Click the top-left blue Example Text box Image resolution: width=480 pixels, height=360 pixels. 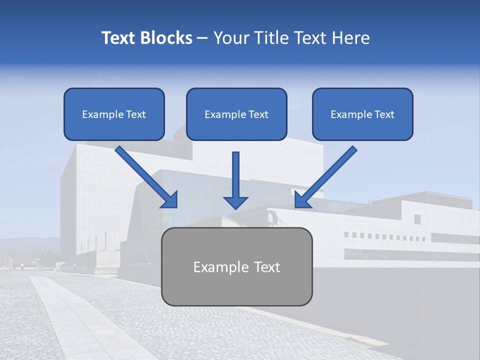pyautogui.click(x=114, y=114)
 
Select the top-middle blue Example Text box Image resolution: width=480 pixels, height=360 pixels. pyautogui.click(x=236, y=114)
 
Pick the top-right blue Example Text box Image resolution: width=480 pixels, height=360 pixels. pyautogui.click(x=362, y=114)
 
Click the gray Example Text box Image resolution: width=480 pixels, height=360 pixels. pyautogui.click(x=236, y=267)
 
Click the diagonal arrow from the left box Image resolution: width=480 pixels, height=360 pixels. pyautogui.click(x=145, y=176)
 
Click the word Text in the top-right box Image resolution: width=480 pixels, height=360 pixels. pyautogui.click(x=384, y=114)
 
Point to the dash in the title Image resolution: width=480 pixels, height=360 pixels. pyautogui.click(x=202, y=38)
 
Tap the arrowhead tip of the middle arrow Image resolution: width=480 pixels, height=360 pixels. pyautogui.click(x=235, y=207)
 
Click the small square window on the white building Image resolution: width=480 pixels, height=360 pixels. pyautogui.click(x=417, y=219)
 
